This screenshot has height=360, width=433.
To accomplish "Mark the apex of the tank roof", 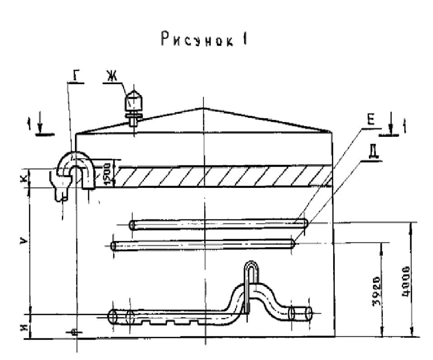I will tap(204, 108).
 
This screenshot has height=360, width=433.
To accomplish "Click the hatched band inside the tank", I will tap(221, 176).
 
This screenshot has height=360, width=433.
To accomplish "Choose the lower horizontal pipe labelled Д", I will tap(203, 245).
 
